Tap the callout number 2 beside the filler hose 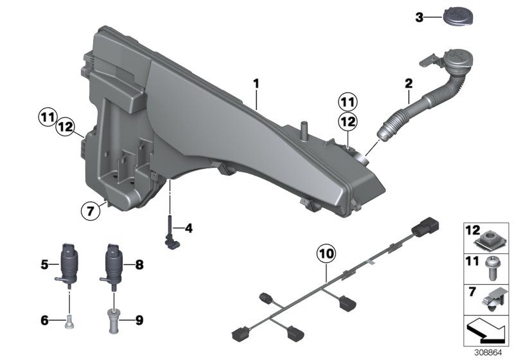(408, 84)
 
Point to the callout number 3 (420, 17)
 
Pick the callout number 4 (188, 228)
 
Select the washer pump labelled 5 (66, 263)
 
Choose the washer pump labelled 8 (113, 263)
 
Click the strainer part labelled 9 (113, 317)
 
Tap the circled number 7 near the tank (91, 209)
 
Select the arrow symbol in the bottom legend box (486, 331)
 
